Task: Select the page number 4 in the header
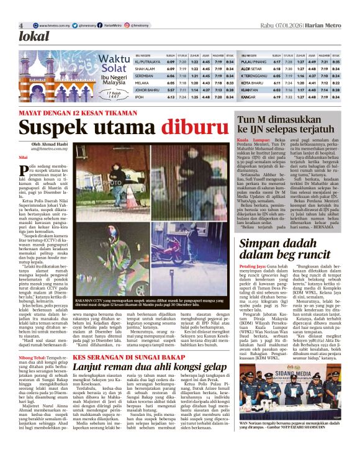(20, 25)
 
